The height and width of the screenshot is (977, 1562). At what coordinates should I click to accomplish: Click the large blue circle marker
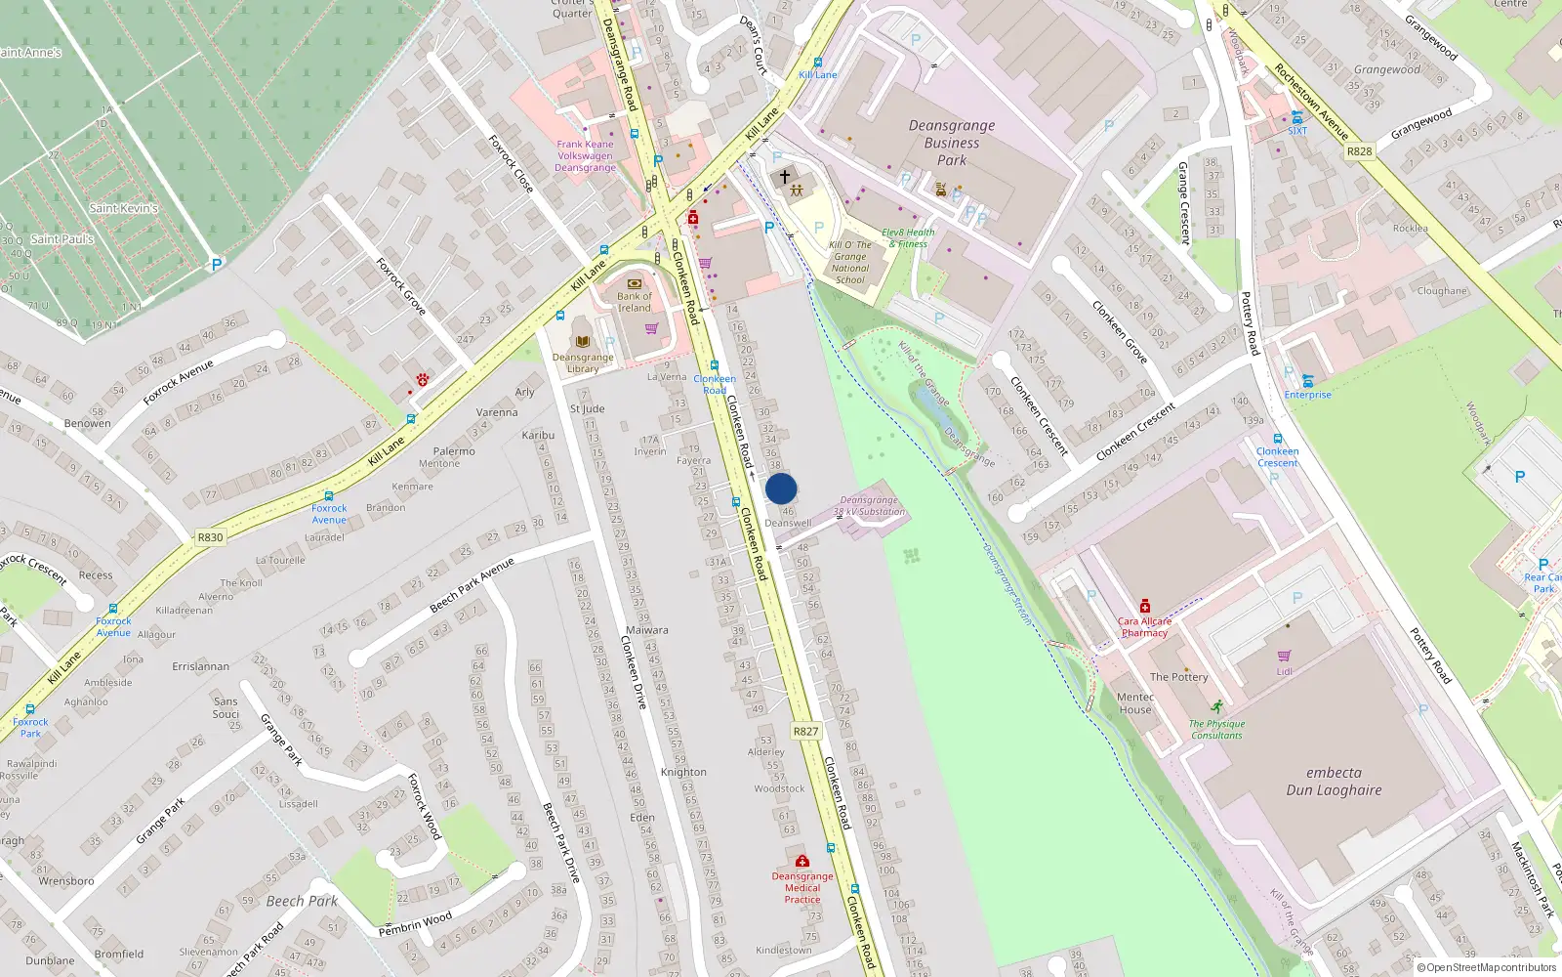coord(781,488)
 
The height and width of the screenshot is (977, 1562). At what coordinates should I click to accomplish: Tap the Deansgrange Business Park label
coord(952,143)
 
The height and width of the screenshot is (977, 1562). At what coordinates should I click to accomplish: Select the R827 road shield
coord(805,731)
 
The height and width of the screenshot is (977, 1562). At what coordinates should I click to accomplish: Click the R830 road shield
coord(210,537)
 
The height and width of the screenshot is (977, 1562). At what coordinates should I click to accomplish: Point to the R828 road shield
coord(1359,151)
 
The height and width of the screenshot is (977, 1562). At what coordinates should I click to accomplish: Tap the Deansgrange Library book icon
coord(583,342)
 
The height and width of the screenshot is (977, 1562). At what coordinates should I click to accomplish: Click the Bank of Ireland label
coord(634,302)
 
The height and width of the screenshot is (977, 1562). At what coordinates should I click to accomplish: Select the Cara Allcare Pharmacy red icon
coord(1145,606)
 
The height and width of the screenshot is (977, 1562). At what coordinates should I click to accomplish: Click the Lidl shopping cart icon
coord(1284,656)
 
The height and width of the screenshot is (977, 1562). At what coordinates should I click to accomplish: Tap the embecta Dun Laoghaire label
coord(1334,782)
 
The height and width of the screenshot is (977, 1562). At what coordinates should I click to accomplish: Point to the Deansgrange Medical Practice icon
coord(802,861)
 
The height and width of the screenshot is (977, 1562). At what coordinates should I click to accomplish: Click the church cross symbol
coord(784,177)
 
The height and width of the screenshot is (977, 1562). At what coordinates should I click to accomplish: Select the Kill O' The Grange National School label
coord(850,263)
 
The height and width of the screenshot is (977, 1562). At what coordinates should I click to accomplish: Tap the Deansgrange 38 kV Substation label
coord(869,506)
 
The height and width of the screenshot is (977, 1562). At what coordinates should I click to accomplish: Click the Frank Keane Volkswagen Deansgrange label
coord(586,156)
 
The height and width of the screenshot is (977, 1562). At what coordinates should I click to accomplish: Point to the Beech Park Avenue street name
coord(472,585)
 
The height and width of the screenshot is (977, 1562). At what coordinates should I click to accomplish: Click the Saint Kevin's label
coord(123,208)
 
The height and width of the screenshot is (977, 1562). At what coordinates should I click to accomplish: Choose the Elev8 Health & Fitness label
coord(908,238)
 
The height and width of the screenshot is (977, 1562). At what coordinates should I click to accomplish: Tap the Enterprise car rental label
coord(1307,395)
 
